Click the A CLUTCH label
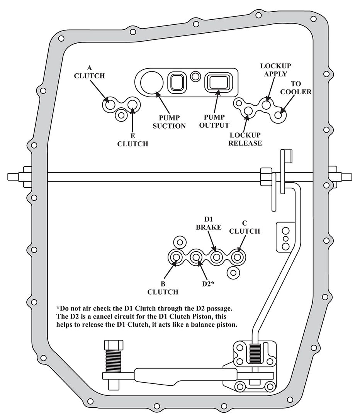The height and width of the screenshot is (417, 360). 89,73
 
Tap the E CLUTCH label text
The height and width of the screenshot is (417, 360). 132,140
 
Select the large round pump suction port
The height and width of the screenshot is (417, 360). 151,83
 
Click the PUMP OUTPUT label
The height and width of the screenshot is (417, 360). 216,121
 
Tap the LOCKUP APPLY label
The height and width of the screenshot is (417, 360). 275,70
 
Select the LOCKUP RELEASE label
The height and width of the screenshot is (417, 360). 245,139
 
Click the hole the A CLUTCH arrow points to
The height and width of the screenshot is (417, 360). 109,104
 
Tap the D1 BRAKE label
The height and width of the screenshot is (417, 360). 209,224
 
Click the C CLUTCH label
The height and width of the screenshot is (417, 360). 245,227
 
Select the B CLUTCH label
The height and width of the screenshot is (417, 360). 163,288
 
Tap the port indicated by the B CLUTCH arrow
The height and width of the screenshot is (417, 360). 177,257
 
